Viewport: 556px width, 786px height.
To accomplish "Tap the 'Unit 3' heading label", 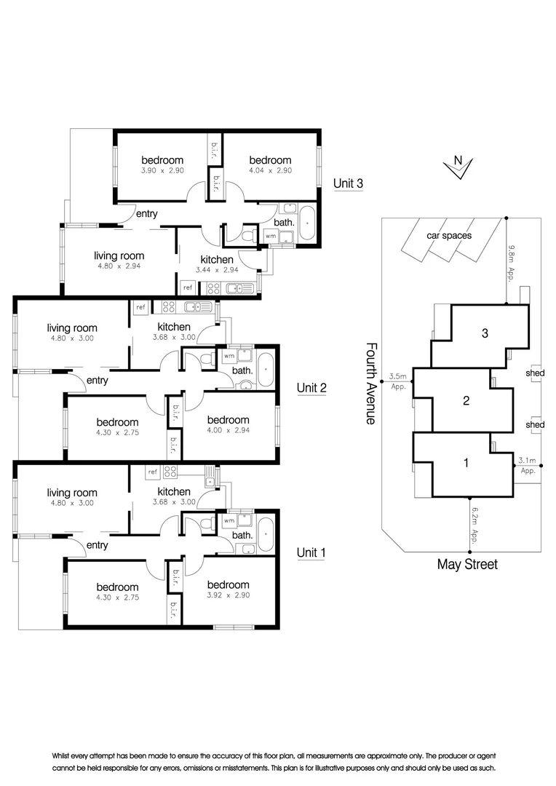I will coord(348,183).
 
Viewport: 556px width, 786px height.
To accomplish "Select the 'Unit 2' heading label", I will coord(311,388).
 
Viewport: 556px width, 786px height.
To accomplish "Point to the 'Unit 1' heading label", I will coord(311,553).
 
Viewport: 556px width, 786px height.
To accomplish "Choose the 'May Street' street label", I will coord(467,564).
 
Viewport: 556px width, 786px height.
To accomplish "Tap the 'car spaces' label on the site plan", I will coord(450,236).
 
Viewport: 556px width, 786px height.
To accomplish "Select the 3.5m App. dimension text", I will coord(397,381).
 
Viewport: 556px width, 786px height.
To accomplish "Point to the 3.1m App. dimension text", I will coord(528,465).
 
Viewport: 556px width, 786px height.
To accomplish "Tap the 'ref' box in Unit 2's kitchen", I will coord(140,309).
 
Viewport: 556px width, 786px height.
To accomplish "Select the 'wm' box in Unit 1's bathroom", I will coord(229,521).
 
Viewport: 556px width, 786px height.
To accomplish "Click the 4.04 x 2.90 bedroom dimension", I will coord(270,170).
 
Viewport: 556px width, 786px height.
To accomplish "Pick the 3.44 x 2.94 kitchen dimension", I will coord(217,270).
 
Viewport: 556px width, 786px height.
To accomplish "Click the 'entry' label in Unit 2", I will coord(97,381).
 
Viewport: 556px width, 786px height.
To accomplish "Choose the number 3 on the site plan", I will coord(485,334).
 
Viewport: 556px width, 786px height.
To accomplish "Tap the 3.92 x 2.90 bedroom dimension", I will coord(228,595).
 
